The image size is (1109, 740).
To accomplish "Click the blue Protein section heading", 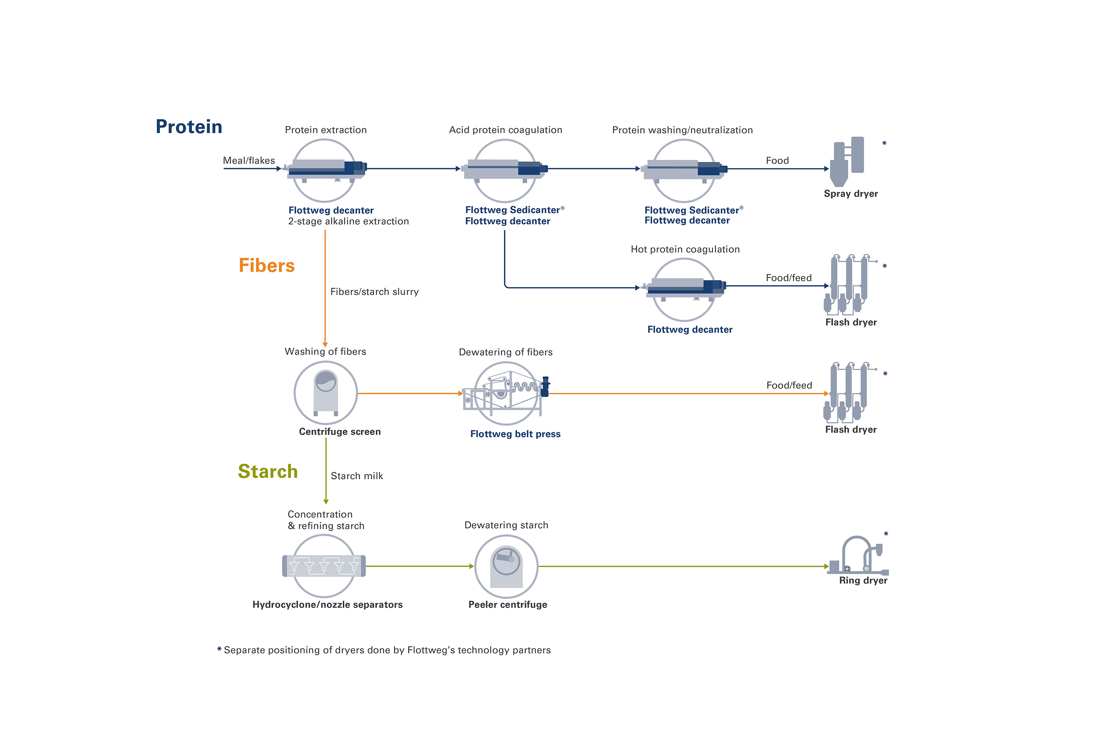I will click(x=189, y=127).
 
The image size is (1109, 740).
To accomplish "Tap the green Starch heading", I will click(x=268, y=471).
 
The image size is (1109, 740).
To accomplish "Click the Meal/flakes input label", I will click(x=249, y=160).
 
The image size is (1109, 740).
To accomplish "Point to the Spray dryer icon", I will click(x=847, y=162).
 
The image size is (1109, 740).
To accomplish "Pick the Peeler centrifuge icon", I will click(x=506, y=566).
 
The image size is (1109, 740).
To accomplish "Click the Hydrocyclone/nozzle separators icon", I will click(x=324, y=566).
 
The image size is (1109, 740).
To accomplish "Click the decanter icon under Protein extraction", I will click(x=326, y=170).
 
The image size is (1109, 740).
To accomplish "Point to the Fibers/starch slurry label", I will click(x=374, y=292).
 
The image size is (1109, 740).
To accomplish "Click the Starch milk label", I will click(x=357, y=476).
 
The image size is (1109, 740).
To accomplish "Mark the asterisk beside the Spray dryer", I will click(x=884, y=143).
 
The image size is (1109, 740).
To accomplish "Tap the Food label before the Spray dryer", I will click(x=777, y=160).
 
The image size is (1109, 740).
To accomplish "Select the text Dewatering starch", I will click(x=506, y=525).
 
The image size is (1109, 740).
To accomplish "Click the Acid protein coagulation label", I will click(x=506, y=130).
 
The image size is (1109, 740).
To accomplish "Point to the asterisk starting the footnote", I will click(x=219, y=650).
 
